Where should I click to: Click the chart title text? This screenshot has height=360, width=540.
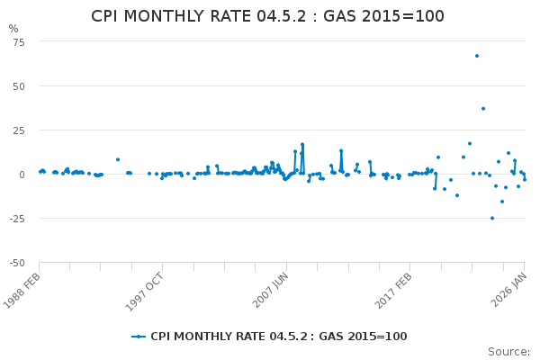[x=267, y=16]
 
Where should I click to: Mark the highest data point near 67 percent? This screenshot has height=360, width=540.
[x=477, y=56]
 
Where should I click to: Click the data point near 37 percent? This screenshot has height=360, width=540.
[x=483, y=109]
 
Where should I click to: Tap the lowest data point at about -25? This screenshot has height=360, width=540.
[x=492, y=218]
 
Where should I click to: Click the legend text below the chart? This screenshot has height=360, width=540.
[x=278, y=337]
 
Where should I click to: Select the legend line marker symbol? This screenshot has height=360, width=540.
[x=139, y=337]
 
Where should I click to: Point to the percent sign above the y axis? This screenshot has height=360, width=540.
[x=13, y=29]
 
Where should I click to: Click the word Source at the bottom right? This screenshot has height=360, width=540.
[x=508, y=352]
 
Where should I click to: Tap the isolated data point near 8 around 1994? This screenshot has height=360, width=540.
[x=118, y=159]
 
